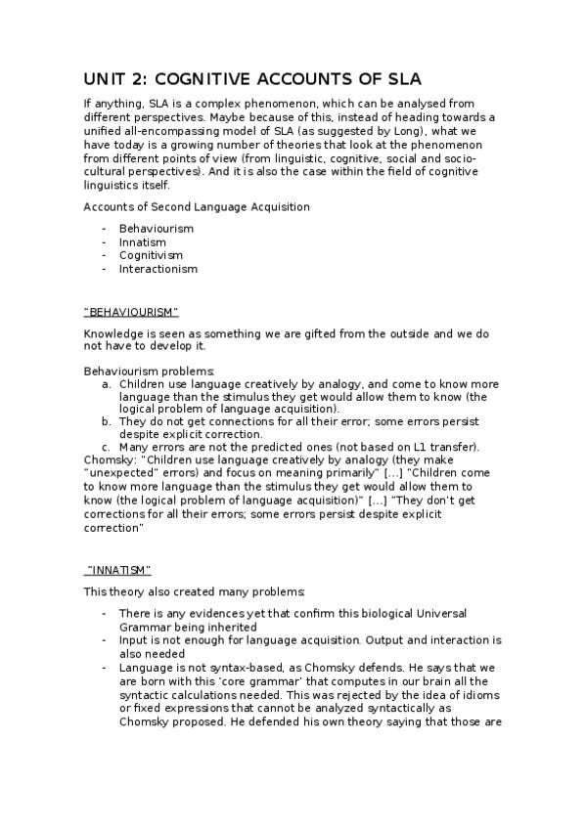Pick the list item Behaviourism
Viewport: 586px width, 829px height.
157,228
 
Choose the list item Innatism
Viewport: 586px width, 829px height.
143,241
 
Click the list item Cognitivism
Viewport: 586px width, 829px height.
151,255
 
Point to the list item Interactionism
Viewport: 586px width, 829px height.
158,269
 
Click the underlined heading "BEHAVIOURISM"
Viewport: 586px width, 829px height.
131,311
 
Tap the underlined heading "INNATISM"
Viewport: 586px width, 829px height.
118,569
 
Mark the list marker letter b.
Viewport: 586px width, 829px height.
107,421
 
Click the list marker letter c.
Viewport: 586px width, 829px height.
107,447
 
